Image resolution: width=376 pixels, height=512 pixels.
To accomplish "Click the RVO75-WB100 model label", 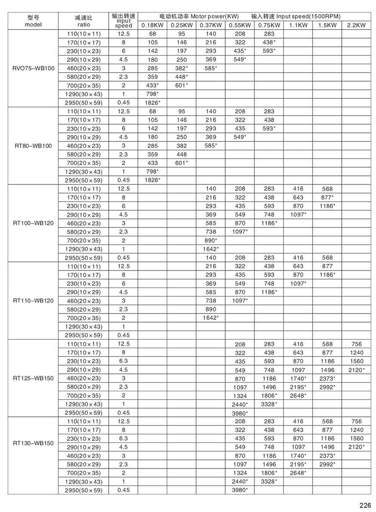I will click(x=34, y=68).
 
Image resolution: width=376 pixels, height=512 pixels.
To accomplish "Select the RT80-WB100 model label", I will click(x=34, y=146).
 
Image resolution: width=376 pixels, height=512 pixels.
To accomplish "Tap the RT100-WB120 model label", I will click(x=34, y=223).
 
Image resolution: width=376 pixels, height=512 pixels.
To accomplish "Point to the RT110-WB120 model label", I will click(x=34, y=300).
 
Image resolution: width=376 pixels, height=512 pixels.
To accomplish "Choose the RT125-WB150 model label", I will click(x=34, y=378).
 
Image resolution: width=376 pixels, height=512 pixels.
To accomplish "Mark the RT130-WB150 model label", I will click(x=34, y=443).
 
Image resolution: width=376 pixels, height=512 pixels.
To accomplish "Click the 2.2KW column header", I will click(x=356, y=25).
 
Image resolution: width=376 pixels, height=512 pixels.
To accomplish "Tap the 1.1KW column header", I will click(x=298, y=25).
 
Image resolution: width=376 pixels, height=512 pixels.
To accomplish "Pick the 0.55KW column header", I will click(x=240, y=25).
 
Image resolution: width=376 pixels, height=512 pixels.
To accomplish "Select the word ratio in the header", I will click(x=83, y=25).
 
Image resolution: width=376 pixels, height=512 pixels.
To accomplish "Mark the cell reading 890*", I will click(x=211, y=240).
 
